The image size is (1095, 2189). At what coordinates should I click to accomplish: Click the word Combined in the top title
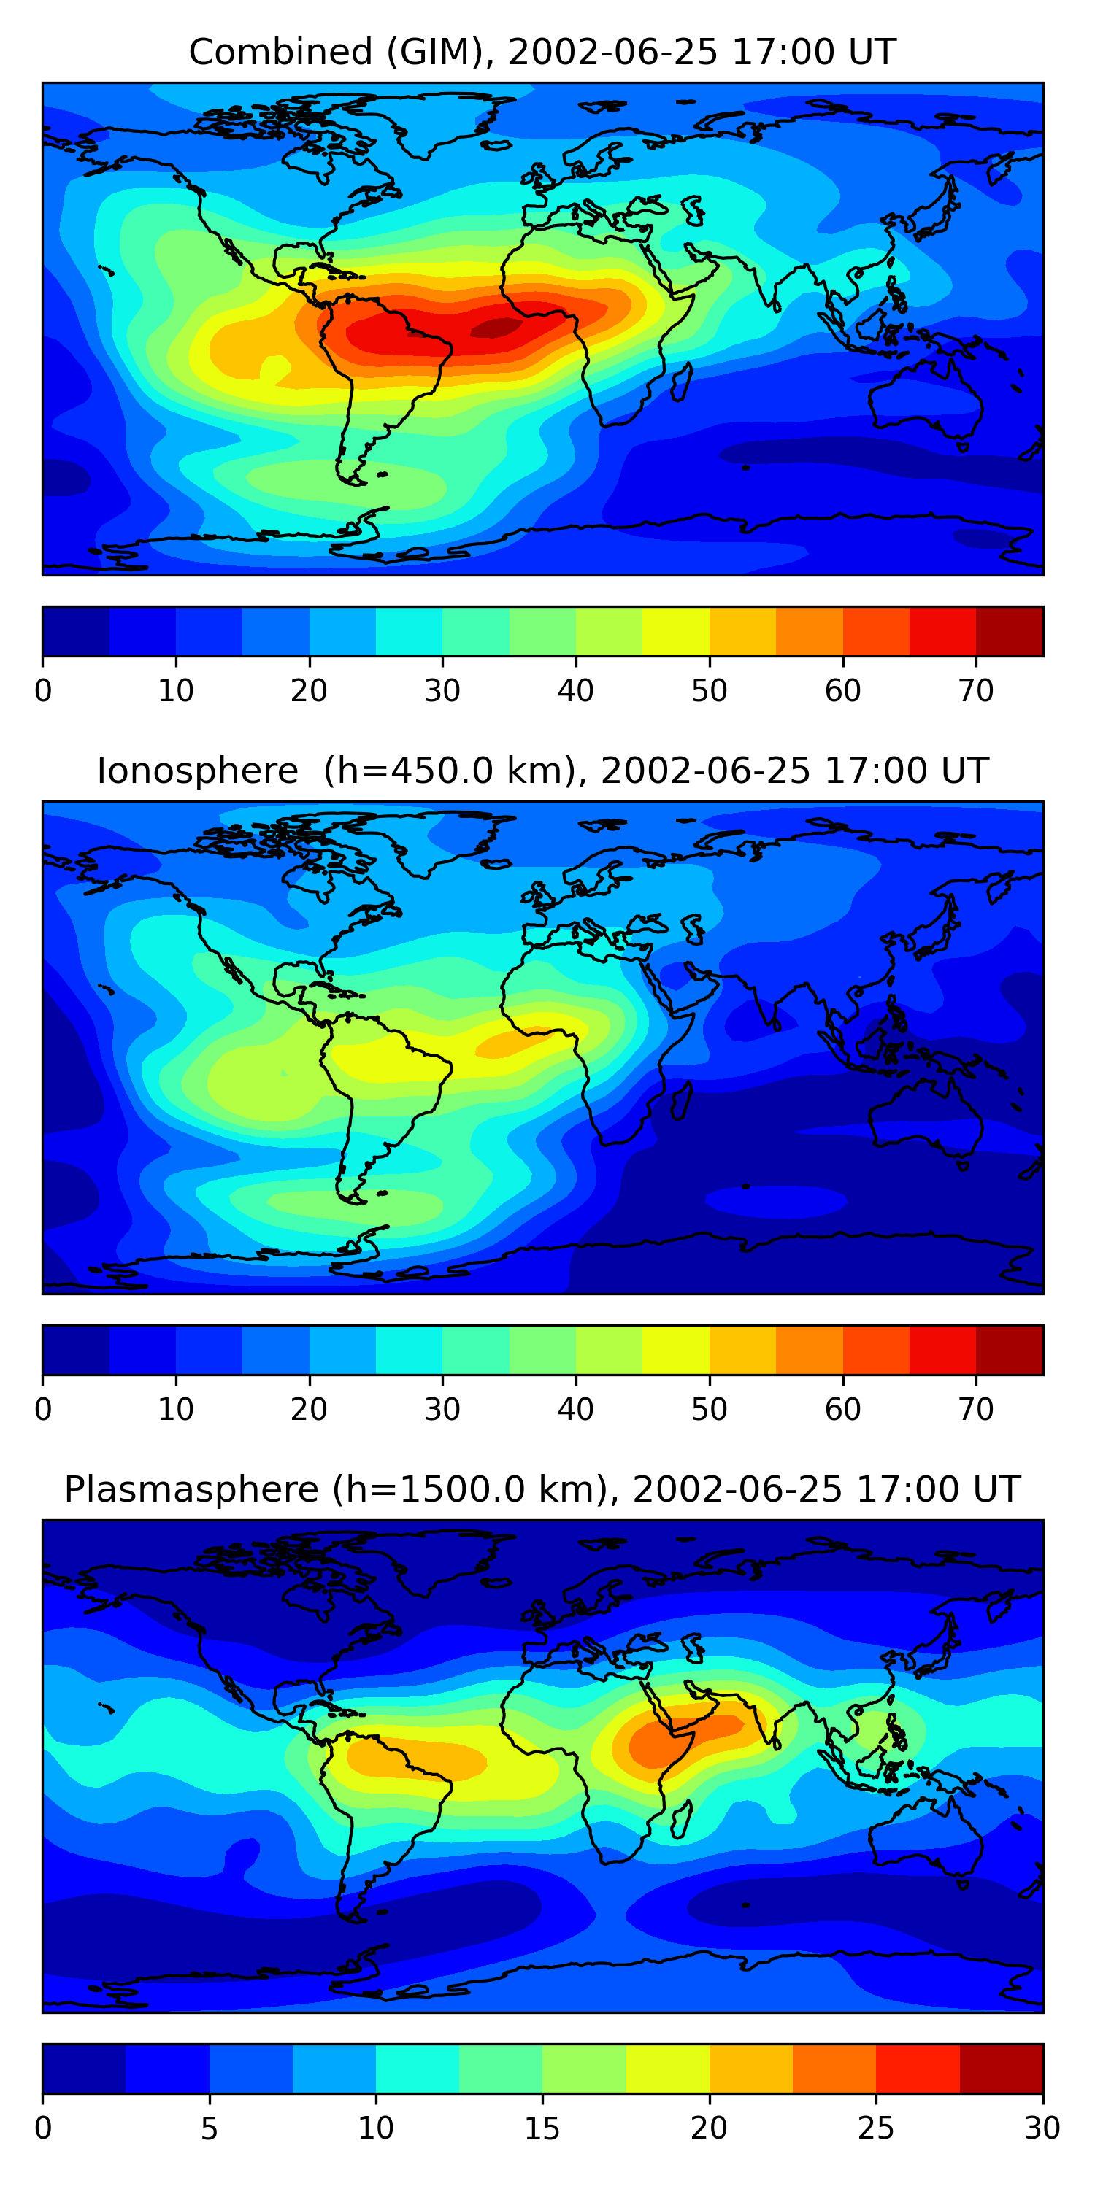pos(280,53)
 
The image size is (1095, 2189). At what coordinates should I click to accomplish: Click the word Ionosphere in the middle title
pos(197,771)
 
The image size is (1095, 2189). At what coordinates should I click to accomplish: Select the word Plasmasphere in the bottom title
pos(191,1491)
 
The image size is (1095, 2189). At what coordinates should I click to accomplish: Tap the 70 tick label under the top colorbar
pos(976,691)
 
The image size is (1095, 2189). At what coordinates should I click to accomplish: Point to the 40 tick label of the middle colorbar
pos(575,1410)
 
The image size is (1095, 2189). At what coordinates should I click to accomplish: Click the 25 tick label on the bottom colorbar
pos(876,2128)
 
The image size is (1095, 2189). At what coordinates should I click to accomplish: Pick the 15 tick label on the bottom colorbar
pos(542,2128)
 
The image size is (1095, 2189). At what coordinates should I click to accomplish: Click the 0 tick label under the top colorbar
pos(43,691)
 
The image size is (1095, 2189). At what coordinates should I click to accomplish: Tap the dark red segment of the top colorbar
pos(1009,631)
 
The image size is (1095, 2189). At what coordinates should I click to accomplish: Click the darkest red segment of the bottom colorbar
pos(1002,2069)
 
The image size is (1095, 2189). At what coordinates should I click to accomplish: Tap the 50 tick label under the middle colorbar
pos(709,1410)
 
